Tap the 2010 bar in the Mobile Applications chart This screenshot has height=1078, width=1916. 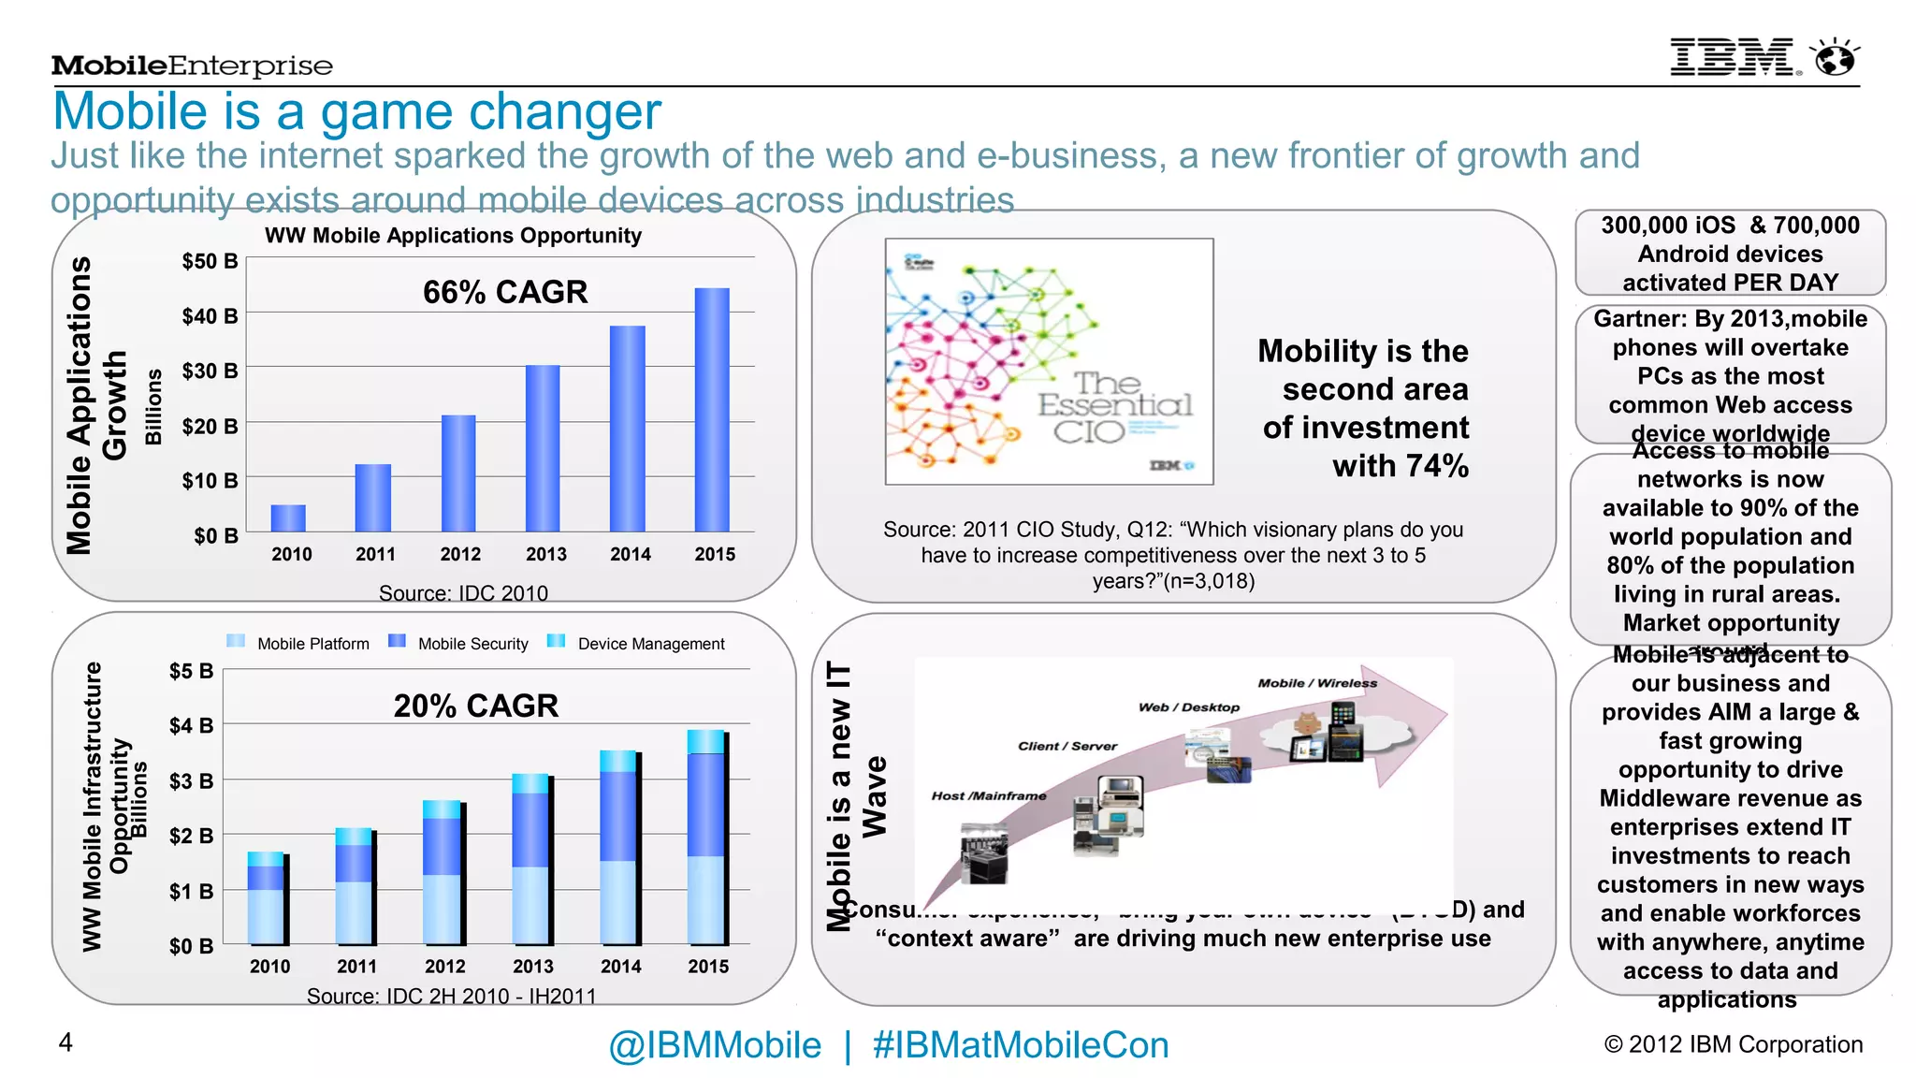tap(288, 517)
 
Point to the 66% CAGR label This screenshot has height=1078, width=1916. tap(505, 292)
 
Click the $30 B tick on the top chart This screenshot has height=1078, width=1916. tap(210, 371)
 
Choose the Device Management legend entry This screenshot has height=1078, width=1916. tap(636, 643)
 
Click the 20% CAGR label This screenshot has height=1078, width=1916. tap(475, 706)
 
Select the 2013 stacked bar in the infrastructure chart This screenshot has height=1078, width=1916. tap(531, 858)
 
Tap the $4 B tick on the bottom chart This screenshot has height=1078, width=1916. tap(191, 725)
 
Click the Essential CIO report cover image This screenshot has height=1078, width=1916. tap(1049, 361)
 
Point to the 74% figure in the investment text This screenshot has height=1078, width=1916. tap(1434, 466)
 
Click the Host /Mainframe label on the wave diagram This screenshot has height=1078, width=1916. tap(989, 795)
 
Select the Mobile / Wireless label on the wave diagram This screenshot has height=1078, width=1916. tap(1317, 683)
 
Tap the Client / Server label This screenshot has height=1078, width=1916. tap(1067, 746)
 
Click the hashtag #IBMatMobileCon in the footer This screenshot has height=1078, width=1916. tap(1020, 1045)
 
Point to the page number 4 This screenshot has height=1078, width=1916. tap(65, 1042)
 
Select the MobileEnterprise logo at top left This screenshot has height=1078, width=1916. tap(192, 66)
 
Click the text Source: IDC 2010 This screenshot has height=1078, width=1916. tap(463, 593)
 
